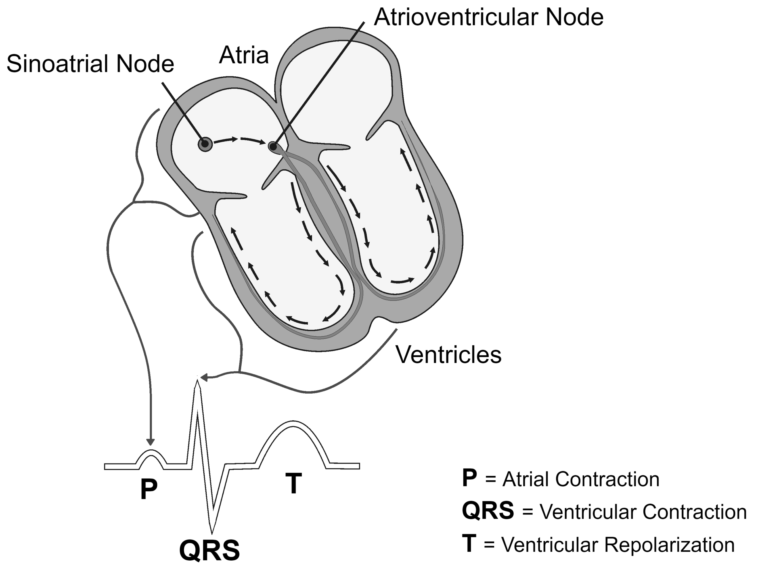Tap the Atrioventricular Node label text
(489, 17)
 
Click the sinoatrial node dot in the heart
(205, 144)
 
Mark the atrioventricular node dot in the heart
(273, 147)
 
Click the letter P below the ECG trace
(149, 489)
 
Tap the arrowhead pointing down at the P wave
(150, 442)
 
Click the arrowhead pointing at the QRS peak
(205, 378)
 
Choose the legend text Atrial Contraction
(581, 479)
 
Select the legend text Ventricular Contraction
(643, 512)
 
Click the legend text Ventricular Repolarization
(618, 545)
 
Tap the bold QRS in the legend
(488, 511)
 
